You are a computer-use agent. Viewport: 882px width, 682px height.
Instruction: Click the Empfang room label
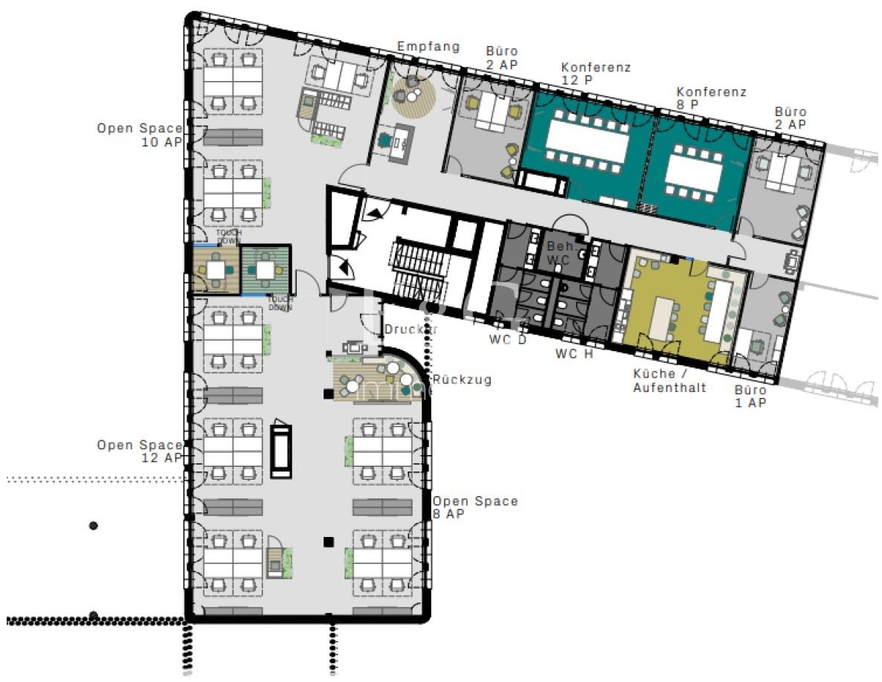pyautogui.click(x=428, y=47)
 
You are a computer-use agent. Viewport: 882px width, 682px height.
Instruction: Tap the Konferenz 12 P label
pyautogui.click(x=596, y=73)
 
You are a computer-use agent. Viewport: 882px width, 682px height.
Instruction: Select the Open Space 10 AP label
pyautogui.click(x=139, y=135)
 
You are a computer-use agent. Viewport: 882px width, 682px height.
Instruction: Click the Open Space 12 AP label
pyautogui.click(x=139, y=451)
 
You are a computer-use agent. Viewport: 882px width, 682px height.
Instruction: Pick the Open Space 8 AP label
pyautogui.click(x=475, y=507)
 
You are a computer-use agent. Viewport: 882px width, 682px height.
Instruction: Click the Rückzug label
pyautogui.click(x=463, y=379)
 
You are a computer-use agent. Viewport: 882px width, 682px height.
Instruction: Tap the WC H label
pyautogui.click(x=574, y=354)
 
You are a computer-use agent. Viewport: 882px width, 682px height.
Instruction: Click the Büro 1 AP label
pyautogui.click(x=750, y=396)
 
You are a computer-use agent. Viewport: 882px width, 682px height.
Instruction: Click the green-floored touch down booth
pyautogui.click(x=265, y=270)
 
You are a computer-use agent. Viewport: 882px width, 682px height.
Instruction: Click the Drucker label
pyautogui.click(x=411, y=329)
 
